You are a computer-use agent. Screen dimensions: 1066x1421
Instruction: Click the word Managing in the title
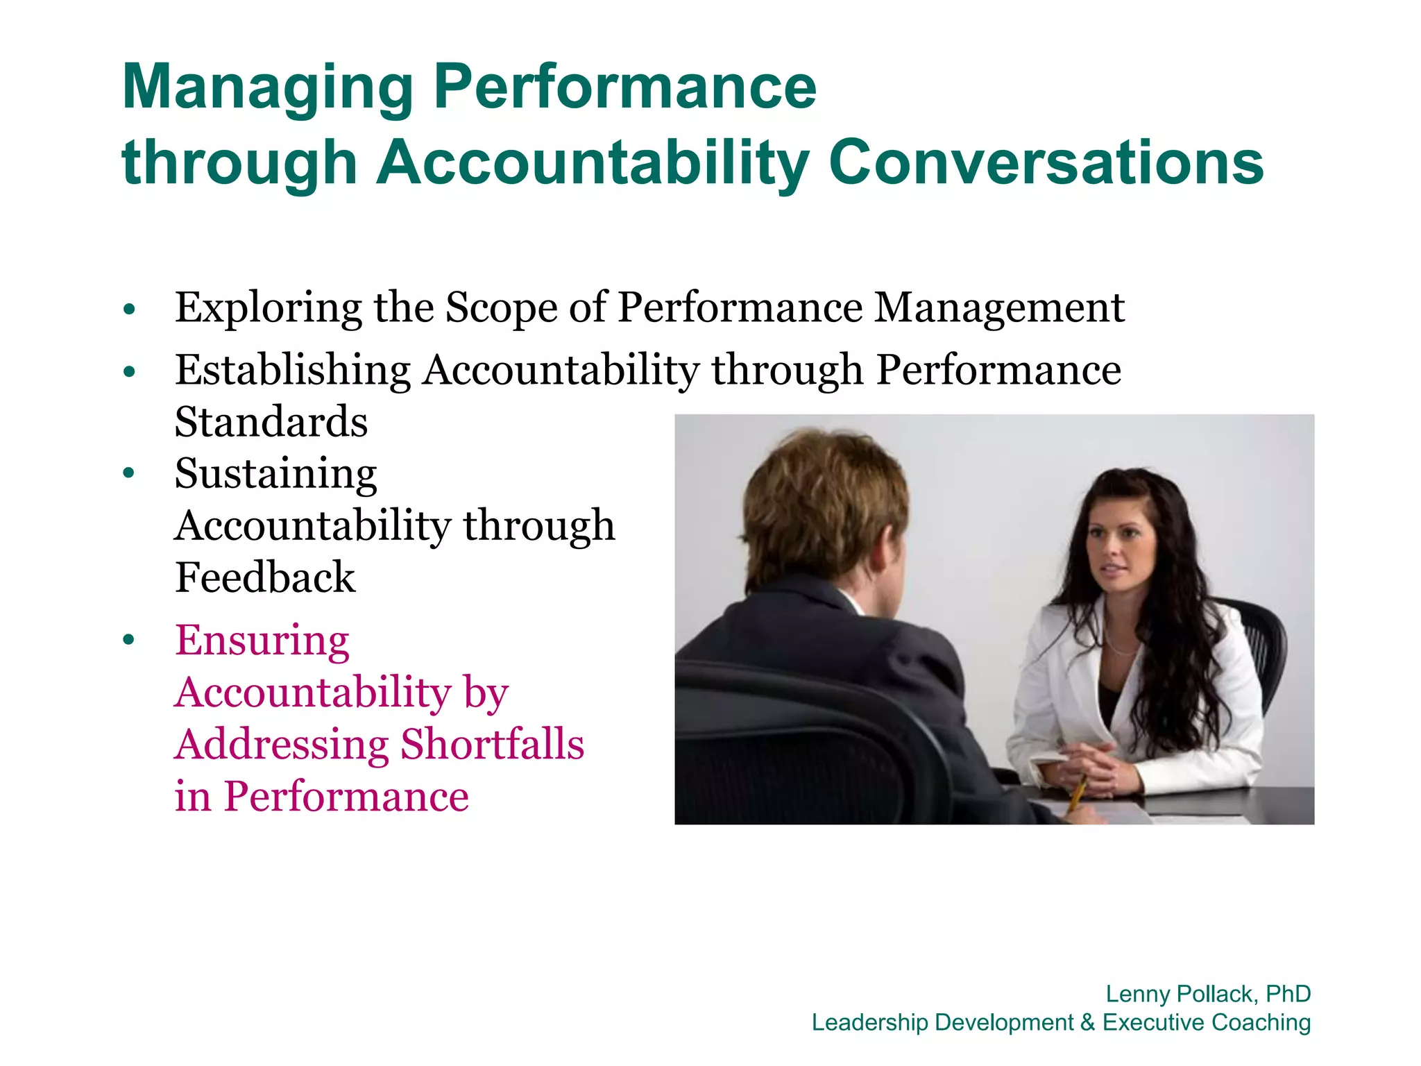tap(268, 89)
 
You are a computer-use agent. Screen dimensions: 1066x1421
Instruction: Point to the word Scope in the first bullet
tap(501, 308)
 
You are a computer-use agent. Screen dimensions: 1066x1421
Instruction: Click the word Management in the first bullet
tap(999, 308)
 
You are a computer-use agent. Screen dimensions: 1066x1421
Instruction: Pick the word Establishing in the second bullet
tap(293, 370)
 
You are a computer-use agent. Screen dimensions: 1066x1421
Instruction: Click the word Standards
tap(271, 422)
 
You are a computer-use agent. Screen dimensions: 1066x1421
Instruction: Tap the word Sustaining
tap(276, 475)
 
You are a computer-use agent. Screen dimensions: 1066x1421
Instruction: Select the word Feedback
tap(265, 577)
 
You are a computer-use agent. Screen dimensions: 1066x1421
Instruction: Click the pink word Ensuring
tap(262, 641)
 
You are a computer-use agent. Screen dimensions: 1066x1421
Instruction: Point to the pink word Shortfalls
tap(493, 745)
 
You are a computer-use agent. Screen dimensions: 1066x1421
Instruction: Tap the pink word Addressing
tap(282, 745)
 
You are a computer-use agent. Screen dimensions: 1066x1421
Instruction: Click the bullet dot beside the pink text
tap(129, 640)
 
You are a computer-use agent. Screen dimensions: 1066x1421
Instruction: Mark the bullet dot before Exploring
tap(129, 309)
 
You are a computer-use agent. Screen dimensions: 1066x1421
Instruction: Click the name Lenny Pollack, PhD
tap(1208, 994)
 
